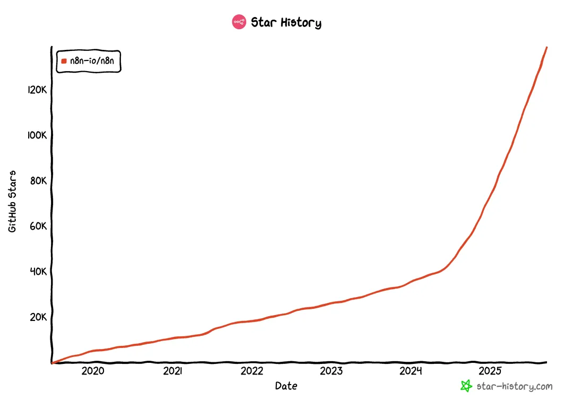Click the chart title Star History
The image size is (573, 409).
click(286, 22)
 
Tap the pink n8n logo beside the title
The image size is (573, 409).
click(239, 22)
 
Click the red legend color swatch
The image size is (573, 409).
click(64, 61)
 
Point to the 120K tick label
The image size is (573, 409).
click(38, 90)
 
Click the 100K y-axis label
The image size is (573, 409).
click(38, 135)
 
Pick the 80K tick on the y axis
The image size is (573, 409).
click(39, 181)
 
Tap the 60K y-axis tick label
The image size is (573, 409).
click(39, 227)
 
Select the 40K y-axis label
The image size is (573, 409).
click(39, 272)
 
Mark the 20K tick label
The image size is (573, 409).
click(39, 317)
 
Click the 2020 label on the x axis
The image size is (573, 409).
click(93, 371)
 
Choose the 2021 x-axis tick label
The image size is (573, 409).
click(172, 371)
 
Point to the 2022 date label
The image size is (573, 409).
click(251, 371)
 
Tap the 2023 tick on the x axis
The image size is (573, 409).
click(331, 371)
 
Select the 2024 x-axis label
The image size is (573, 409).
click(411, 371)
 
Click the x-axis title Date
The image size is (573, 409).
click(286, 386)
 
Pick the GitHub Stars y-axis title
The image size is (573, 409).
click(12, 201)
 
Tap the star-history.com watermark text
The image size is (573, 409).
click(515, 386)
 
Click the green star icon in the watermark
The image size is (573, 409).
click(466, 386)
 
